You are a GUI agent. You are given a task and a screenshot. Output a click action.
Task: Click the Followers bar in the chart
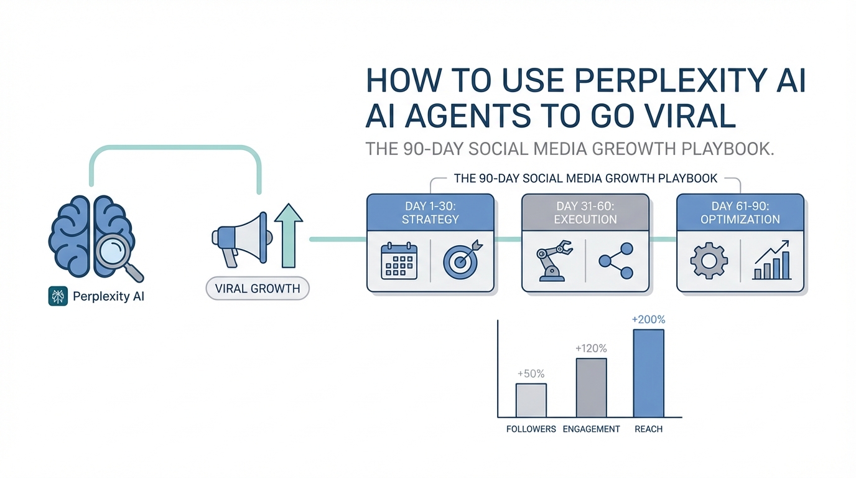point(531,400)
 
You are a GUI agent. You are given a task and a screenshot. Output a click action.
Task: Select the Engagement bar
point(591,387)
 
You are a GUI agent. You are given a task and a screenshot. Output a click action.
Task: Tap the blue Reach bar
point(648,373)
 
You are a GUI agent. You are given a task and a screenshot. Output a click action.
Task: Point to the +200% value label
point(648,319)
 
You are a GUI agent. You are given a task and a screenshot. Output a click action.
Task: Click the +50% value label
point(531,373)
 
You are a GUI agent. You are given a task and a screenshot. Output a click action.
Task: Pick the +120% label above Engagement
point(591,349)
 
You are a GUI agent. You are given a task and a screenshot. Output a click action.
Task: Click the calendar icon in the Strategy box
point(399,261)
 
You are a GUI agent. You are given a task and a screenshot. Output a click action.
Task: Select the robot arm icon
point(554,261)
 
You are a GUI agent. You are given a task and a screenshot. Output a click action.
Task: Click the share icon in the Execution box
point(616,261)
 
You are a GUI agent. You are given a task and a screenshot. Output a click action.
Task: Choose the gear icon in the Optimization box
point(709,261)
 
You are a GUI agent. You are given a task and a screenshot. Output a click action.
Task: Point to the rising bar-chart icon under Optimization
point(771,260)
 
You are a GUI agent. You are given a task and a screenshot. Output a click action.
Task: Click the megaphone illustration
point(242,240)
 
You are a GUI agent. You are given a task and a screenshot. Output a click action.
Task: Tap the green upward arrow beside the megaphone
point(289,235)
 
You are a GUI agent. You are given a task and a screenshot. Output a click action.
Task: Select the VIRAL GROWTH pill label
point(258,288)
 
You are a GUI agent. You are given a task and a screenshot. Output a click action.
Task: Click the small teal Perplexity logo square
point(58,296)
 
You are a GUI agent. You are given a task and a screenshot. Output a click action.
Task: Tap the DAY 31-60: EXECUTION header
point(585,213)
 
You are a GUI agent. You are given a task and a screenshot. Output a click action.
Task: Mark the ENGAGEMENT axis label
point(591,429)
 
